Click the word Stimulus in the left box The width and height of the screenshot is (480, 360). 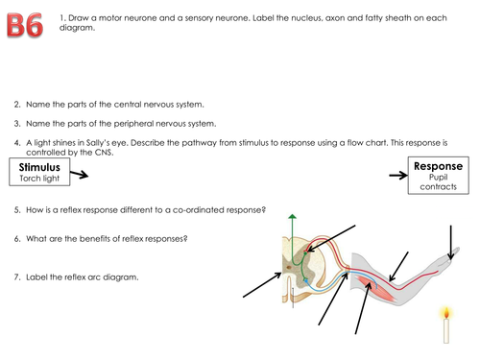(40, 167)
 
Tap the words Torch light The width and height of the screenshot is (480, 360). (39, 179)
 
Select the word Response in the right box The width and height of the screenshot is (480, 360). (438, 166)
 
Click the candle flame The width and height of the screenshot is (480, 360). (444, 311)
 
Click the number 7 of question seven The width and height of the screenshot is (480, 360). (16, 276)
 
